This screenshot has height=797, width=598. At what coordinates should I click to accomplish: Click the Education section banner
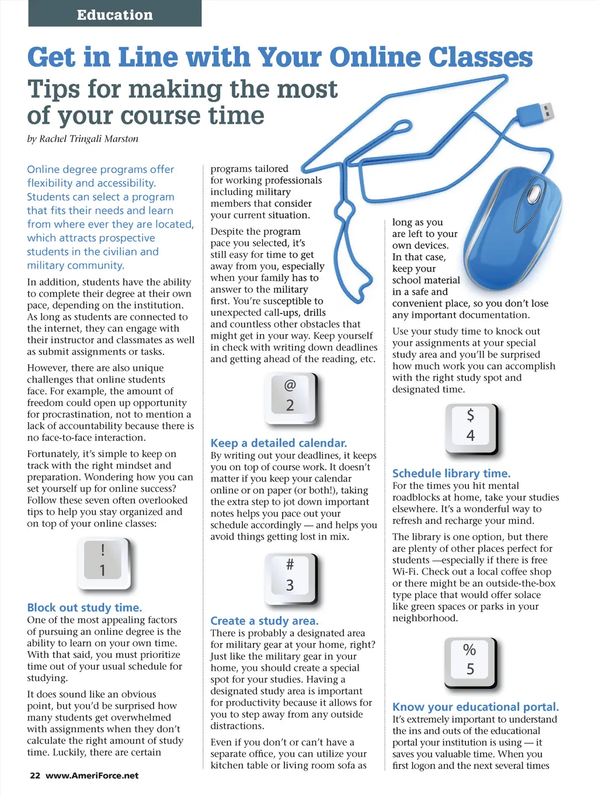115,14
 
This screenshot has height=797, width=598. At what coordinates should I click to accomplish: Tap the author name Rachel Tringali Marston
89,139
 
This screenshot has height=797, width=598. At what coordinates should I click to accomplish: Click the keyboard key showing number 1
103,561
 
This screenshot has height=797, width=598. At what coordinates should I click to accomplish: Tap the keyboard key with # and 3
290,576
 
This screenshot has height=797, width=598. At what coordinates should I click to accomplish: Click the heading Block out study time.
85,608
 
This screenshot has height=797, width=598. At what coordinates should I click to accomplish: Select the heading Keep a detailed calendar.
279,443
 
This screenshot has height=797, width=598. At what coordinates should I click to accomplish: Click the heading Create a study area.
265,621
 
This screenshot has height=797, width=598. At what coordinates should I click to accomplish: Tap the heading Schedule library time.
451,474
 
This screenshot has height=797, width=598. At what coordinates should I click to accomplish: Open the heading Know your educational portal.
475,707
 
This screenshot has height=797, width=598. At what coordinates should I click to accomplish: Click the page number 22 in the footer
35,775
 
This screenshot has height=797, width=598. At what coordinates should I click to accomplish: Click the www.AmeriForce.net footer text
92,775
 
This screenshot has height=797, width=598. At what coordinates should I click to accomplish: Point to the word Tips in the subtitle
54,90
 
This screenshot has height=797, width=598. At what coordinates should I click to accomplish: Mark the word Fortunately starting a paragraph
53,454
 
